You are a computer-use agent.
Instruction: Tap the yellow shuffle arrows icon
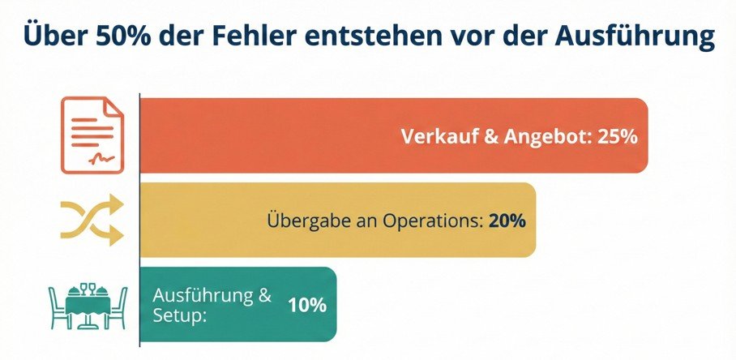coord(92,219)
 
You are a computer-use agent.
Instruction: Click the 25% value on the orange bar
coord(616,136)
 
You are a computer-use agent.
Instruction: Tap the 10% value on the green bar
coord(306,306)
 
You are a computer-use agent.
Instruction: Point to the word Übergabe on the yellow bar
coord(302,221)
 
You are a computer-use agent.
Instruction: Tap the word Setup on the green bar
coord(179,315)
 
